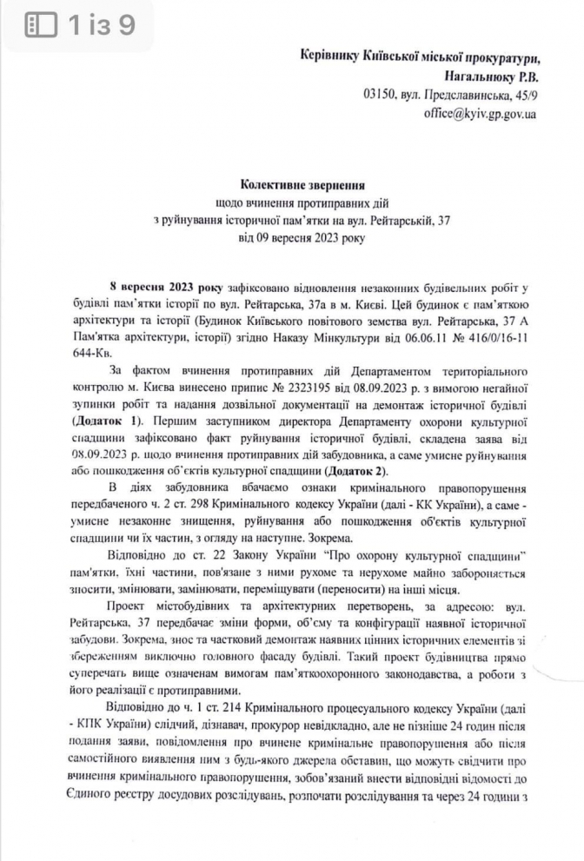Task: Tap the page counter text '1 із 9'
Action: point(102,25)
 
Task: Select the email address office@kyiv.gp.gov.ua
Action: point(480,114)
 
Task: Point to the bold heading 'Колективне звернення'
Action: point(291,184)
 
